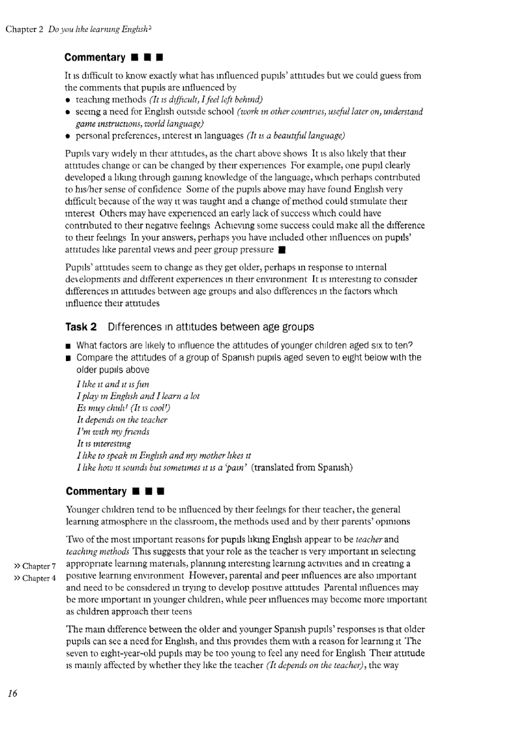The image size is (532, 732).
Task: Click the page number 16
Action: (12, 692)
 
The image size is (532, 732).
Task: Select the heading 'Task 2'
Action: (81, 327)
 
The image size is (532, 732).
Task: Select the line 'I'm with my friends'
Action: (113, 432)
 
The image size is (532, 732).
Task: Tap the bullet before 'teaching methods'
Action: (68, 100)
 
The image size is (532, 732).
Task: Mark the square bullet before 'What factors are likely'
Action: (68, 345)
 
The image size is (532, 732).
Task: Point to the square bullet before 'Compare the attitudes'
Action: (68, 358)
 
